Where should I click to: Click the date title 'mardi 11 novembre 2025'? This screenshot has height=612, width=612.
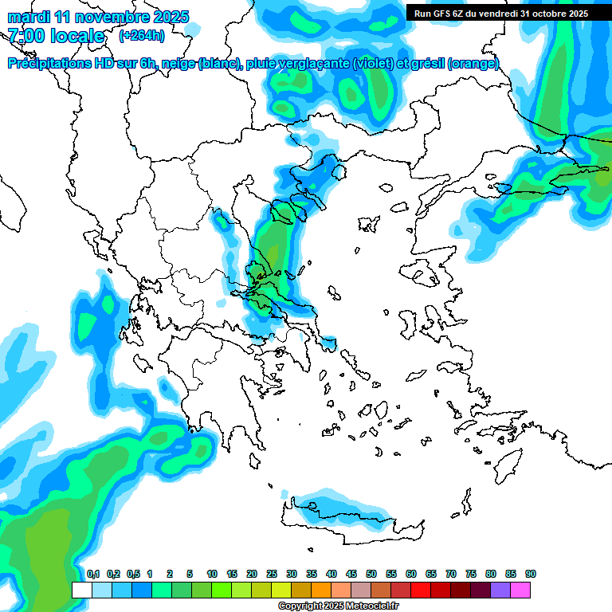coord(98,17)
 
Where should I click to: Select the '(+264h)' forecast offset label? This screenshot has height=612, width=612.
coord(141,36)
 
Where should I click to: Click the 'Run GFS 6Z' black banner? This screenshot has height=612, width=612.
coord(498,13)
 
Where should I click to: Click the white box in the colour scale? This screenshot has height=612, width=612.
coord(81,590)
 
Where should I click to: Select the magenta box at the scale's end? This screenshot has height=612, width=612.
coord(520,590)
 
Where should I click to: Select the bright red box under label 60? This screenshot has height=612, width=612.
coord(421,590)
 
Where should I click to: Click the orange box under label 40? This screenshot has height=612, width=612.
coord(321,590)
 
